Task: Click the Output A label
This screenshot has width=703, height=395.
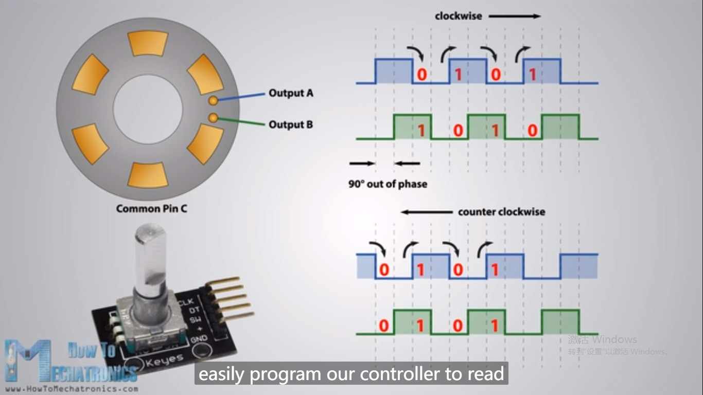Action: click(290, 93)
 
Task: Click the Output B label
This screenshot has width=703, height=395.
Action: click(290, 124)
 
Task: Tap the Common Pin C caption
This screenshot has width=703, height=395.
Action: click(151, 208)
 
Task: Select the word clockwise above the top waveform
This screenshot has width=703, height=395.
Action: click(458, 16)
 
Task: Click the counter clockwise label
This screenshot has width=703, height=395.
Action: click(501, 212)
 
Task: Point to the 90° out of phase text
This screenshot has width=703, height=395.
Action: click(388, 184)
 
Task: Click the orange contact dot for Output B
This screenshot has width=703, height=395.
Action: click(213, 118)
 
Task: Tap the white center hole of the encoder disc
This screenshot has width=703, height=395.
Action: click(148, 109)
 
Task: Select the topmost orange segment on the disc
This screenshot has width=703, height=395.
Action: click(148, 43)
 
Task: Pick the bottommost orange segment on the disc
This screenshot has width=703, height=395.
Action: click(148, 175)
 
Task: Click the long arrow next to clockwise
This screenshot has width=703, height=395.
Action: click(514, 16)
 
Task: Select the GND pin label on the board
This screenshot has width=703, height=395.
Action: click(199, 338)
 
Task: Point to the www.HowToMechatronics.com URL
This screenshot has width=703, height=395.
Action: click(72, 389)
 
